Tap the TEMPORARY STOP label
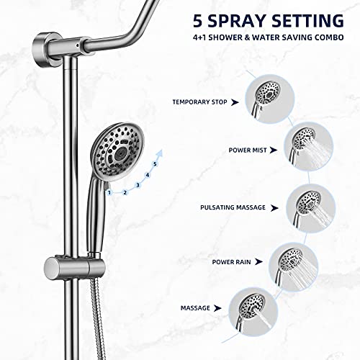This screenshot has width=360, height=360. pos(199,102)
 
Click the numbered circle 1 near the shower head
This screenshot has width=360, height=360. pos(109,192)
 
